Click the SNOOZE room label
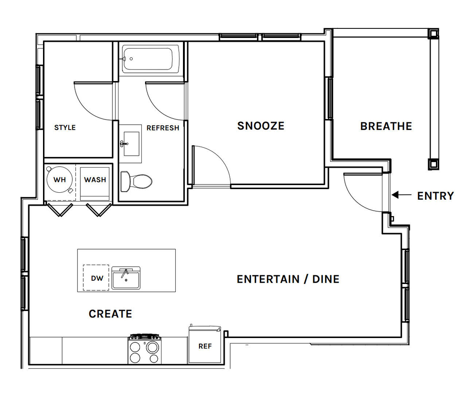click(261, 126)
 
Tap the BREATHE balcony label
click(386, 126)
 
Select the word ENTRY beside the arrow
click(435, 196)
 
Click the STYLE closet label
click(65, 128)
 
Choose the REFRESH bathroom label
click(163, 128)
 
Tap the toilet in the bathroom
click(136, 181)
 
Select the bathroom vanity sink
click(131, 144)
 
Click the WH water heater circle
click(59, 180)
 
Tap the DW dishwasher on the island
click(96, 278)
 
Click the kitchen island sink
click(126, 278)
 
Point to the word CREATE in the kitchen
click(110, 314)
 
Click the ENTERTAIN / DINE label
click(288, 279)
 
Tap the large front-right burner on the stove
click(152, 348)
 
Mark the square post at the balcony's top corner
click(433, 34)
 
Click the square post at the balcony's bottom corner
click(433, 163)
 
